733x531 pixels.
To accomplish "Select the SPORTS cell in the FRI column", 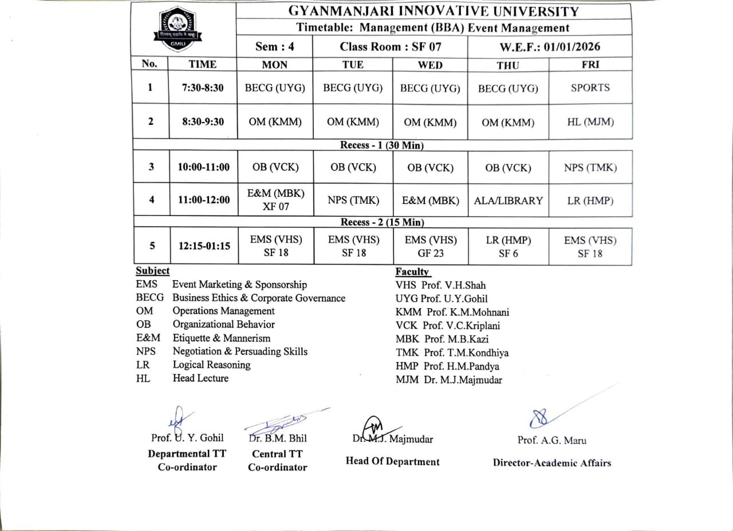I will pos(590,88).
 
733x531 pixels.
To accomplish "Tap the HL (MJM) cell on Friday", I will pos(590,122).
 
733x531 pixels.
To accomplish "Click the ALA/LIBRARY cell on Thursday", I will pos(508,200).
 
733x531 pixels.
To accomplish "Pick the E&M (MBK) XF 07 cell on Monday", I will pos(275,200).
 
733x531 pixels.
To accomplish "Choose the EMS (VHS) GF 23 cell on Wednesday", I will pos(430,246).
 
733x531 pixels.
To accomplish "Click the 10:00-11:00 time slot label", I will pos(203,167).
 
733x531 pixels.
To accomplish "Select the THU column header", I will pos(508,65).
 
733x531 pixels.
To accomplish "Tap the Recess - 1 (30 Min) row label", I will pos(382,145).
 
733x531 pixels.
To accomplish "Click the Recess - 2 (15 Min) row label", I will pos(382,222).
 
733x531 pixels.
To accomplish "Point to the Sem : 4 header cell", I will pos(275,47).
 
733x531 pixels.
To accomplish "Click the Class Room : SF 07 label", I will pos(390,47).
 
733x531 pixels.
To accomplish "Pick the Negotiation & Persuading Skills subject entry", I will pos(240,352).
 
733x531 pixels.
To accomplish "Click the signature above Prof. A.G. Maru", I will pos(541,418).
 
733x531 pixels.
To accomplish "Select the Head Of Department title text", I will pos(392,462).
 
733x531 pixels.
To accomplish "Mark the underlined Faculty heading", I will pos(412,272).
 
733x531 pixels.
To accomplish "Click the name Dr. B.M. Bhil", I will pos(278,438).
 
